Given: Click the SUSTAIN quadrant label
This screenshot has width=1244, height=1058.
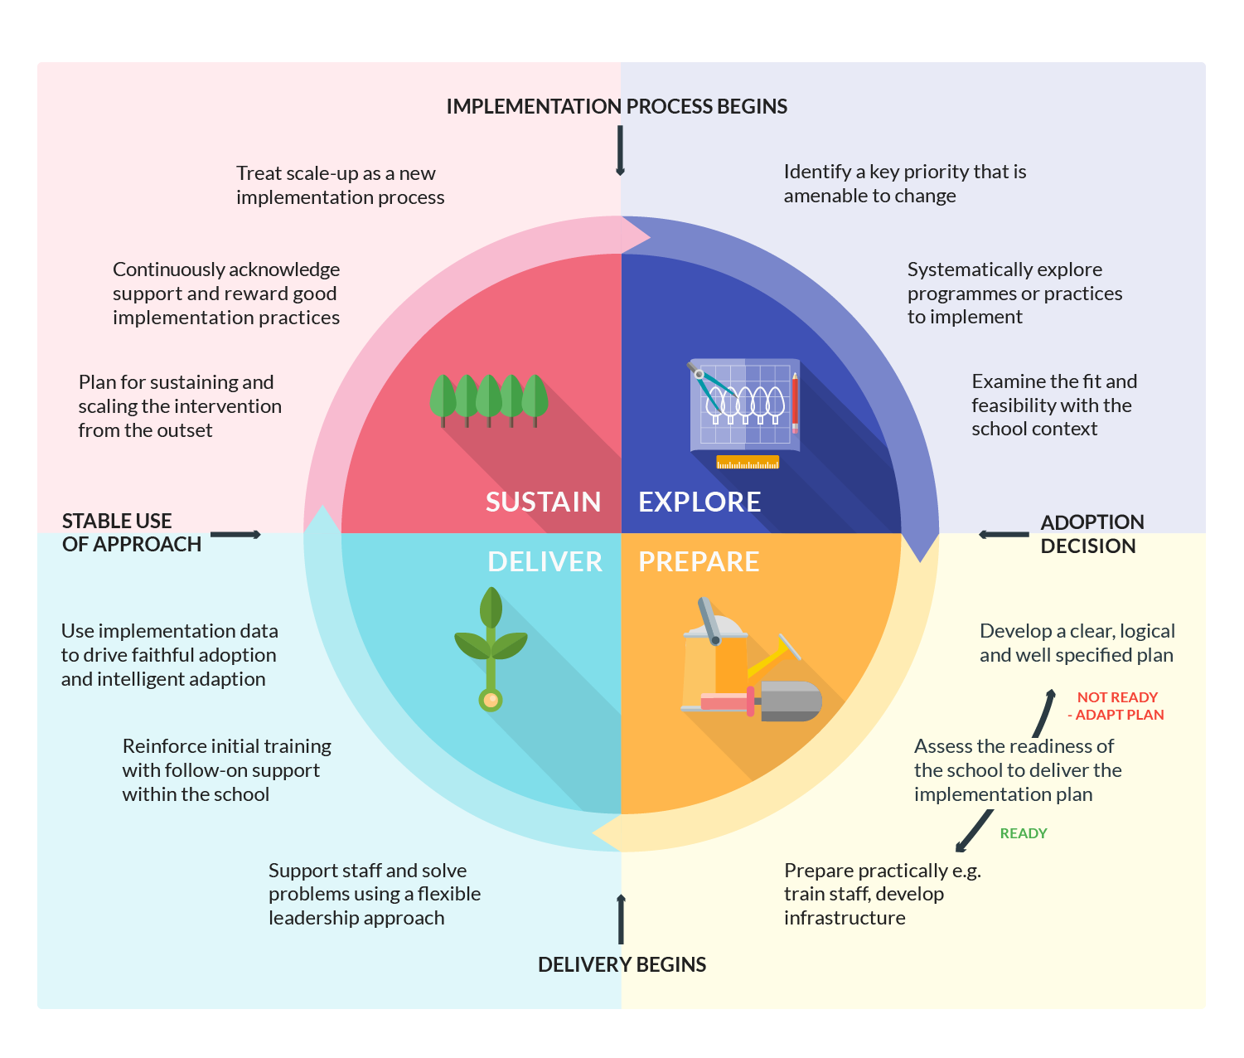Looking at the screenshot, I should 543,502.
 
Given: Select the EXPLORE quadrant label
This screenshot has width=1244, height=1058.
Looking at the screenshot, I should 699,502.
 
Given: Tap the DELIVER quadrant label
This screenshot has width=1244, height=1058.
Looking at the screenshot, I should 545,562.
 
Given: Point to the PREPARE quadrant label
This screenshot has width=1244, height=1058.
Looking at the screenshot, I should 699,562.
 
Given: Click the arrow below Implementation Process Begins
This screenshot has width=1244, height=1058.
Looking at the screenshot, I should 620,151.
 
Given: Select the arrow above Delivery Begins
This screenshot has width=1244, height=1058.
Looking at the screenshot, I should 621,919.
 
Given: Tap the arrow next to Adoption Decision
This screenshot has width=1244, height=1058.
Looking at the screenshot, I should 1004,535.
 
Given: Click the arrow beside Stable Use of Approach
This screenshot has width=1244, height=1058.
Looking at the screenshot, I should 235,535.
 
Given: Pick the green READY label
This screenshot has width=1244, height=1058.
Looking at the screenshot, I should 1024,833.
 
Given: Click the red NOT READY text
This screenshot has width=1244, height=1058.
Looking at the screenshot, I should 1117,697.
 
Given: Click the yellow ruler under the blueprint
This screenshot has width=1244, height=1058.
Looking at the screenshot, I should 748,462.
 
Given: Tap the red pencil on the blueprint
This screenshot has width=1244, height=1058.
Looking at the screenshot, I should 795,403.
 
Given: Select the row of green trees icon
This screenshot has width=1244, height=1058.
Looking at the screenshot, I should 489,399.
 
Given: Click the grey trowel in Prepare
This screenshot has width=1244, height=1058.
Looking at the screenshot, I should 788,701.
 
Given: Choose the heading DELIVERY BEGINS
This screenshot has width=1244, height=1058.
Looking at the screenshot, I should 622,965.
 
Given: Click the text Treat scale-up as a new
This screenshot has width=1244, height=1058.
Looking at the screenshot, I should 336,174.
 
